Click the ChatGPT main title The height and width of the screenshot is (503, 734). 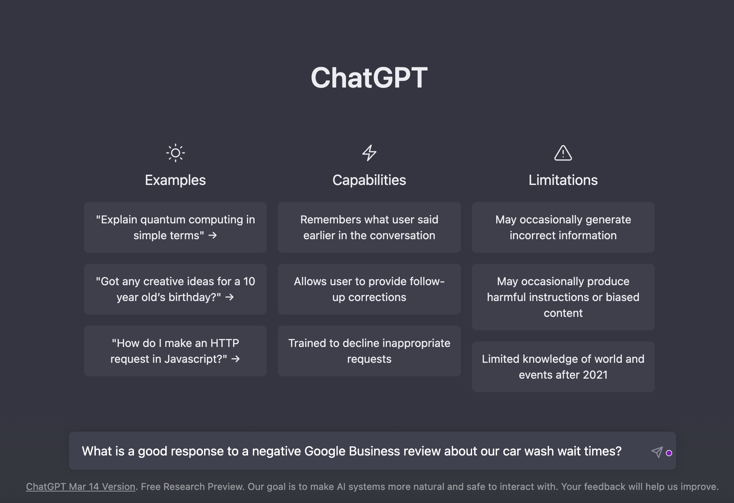[369, 78]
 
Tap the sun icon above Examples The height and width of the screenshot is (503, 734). [175, 153]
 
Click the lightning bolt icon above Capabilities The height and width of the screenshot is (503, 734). [369, 153]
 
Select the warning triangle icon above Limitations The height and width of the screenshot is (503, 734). [563, 153]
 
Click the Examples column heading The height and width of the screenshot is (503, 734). [175, 180]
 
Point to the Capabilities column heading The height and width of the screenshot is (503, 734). [369, 180]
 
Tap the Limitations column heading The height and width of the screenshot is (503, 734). [563, 180]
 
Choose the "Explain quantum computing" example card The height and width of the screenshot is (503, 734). [175, 227]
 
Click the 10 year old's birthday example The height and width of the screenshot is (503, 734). [175, 289]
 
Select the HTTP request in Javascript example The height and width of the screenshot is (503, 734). [175, 351]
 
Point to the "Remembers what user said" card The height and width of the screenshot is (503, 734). [369, 227]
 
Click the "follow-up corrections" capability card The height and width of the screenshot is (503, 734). [369, 289]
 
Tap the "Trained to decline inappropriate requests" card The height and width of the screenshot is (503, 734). [369, 351]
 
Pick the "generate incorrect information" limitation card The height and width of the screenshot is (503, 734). [563, 227]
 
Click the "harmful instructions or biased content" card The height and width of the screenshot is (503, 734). [563, 297]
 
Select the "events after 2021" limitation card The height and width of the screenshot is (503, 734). [563, 367]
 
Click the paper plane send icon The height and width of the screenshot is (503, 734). [657, 452]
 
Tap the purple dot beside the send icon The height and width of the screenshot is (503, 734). [669, 453]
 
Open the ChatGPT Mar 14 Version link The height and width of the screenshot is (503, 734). [80, 487]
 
